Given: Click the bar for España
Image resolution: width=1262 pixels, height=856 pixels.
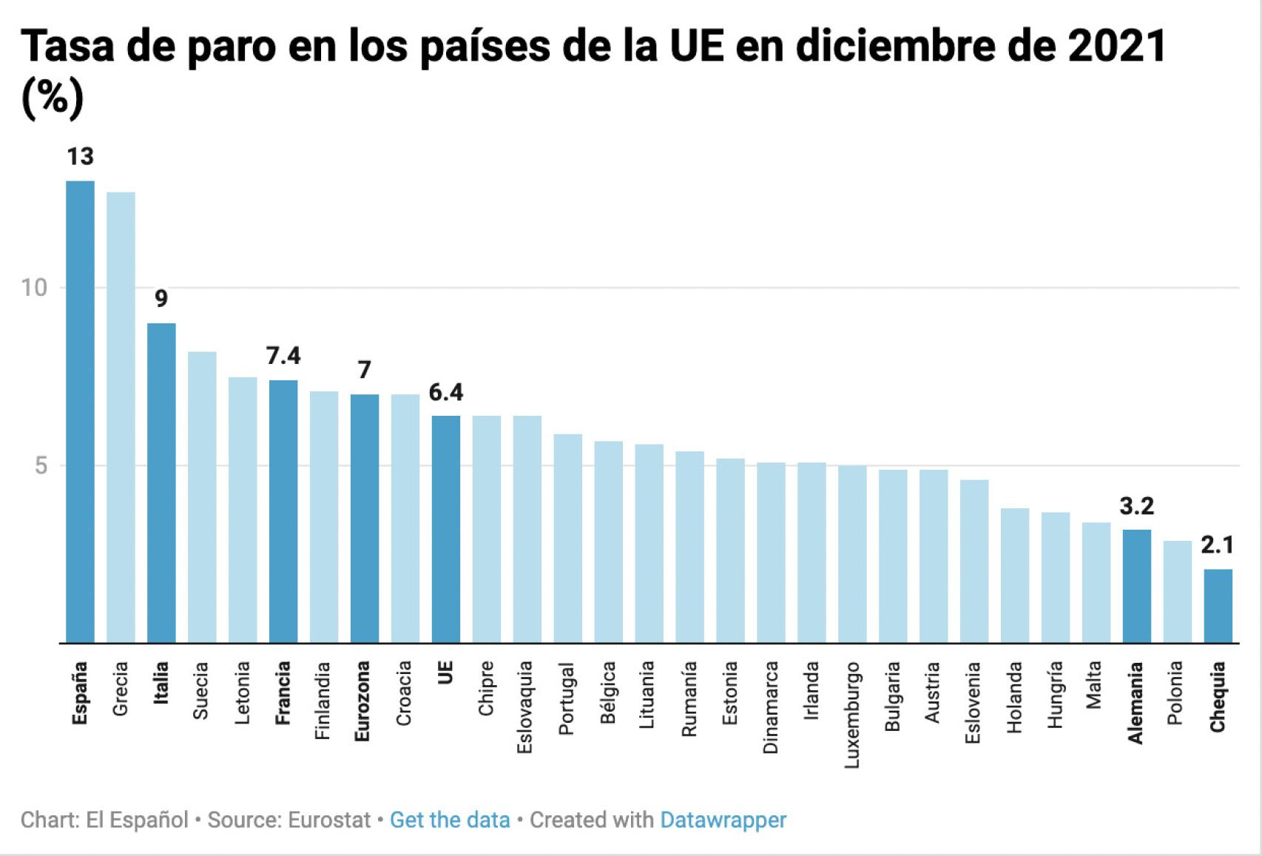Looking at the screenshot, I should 80,411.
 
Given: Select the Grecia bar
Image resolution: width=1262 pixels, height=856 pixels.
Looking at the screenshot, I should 121,417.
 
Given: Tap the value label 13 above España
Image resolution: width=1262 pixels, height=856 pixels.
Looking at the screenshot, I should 80,157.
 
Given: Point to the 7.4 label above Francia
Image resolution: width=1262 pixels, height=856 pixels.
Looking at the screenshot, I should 283,356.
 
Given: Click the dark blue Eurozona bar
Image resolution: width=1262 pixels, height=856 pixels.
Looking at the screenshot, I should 364,518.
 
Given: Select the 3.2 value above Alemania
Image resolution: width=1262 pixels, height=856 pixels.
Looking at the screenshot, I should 1136,506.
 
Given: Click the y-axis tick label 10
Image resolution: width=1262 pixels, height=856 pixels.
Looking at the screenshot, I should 34,288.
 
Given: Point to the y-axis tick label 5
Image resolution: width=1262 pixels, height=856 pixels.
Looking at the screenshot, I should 41,466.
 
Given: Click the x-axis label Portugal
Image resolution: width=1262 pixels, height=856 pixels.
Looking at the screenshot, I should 567,699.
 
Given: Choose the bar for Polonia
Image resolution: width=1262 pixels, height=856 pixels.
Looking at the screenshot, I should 1177,592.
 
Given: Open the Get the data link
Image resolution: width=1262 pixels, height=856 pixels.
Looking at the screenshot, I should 450,820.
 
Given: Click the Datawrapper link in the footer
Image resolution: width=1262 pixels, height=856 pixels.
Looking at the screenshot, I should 723,820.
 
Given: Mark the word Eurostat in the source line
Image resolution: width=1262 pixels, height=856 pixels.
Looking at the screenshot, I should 329,820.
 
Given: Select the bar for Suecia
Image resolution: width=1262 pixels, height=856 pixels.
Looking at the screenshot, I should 202,497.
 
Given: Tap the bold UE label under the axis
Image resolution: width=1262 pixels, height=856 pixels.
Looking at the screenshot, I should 445,673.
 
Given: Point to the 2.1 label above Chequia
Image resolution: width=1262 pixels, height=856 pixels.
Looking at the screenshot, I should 1217,545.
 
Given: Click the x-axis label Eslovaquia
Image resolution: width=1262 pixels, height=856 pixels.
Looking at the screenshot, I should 524,707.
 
